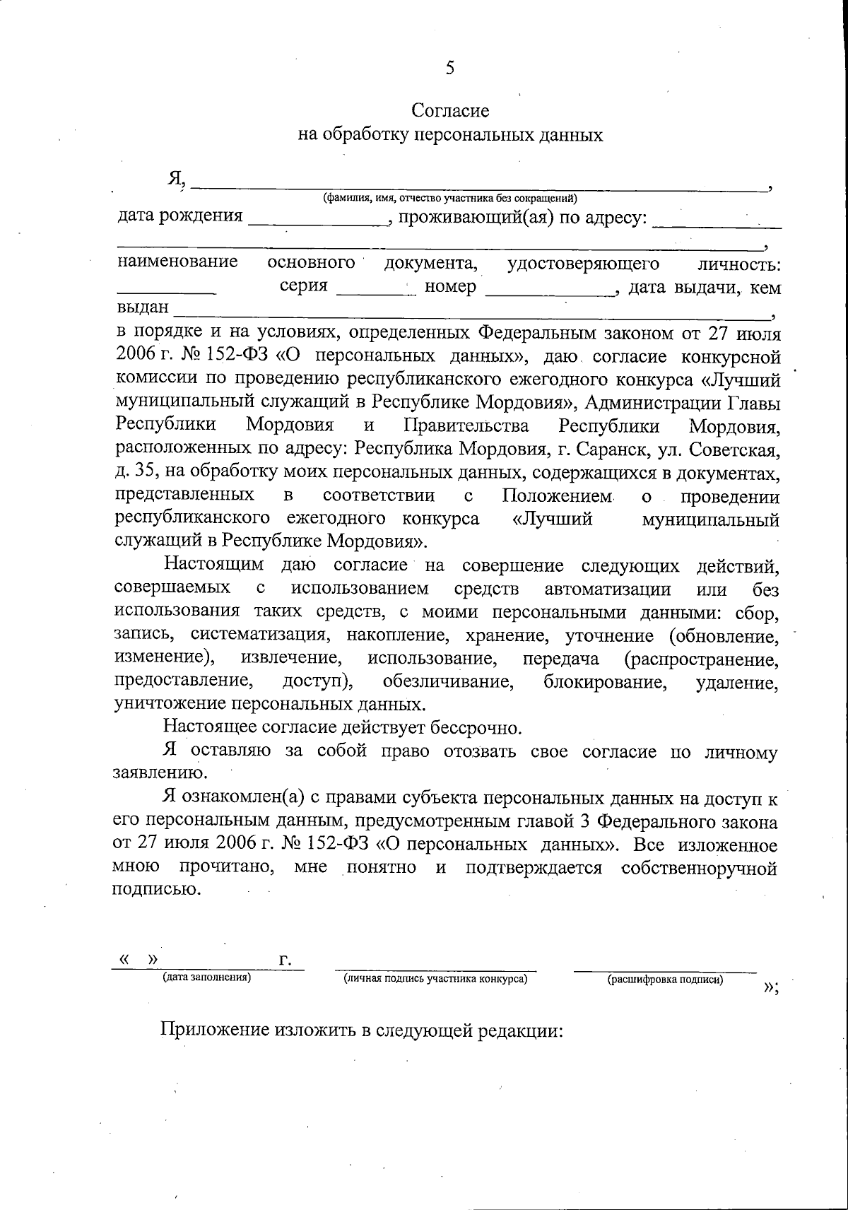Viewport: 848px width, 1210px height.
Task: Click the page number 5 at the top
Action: pos(450,68)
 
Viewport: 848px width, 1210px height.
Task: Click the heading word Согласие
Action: pos(450,111)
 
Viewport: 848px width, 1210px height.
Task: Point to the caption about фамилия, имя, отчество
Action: pos(449,199)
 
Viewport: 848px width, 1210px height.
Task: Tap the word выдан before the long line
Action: pos(143,309)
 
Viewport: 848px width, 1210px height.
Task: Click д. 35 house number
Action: pos(132,472)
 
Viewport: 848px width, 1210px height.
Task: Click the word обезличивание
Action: pos(448,682)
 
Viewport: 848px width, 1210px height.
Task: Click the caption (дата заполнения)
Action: pos(207,978)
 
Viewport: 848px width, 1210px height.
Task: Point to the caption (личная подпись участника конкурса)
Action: pos(436,980)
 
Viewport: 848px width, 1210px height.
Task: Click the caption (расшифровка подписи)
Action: pos(665,980)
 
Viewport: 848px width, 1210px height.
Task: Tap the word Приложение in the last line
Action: pos(215,1029)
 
